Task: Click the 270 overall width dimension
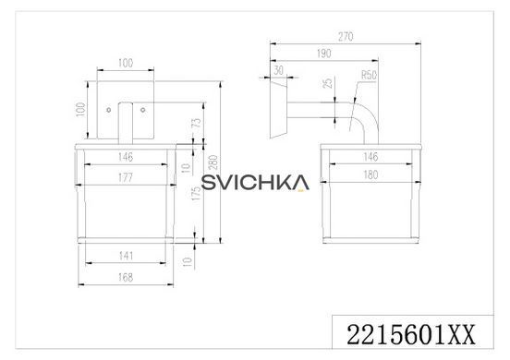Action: click(x=346, y=37)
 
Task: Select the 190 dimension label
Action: click(x=324, y=54)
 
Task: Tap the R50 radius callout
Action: click(x=369, y=75)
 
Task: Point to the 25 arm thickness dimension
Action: click(x=329, y=83)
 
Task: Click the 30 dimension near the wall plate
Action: click(x=278, y=70)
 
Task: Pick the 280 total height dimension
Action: click(x=212, y=162)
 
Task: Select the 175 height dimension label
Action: click(x=196, y=193)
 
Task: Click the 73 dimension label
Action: click(x=197, y=123)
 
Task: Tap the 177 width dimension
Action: click(x=126, y=178)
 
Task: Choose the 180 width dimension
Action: click(x=370, y=174)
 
